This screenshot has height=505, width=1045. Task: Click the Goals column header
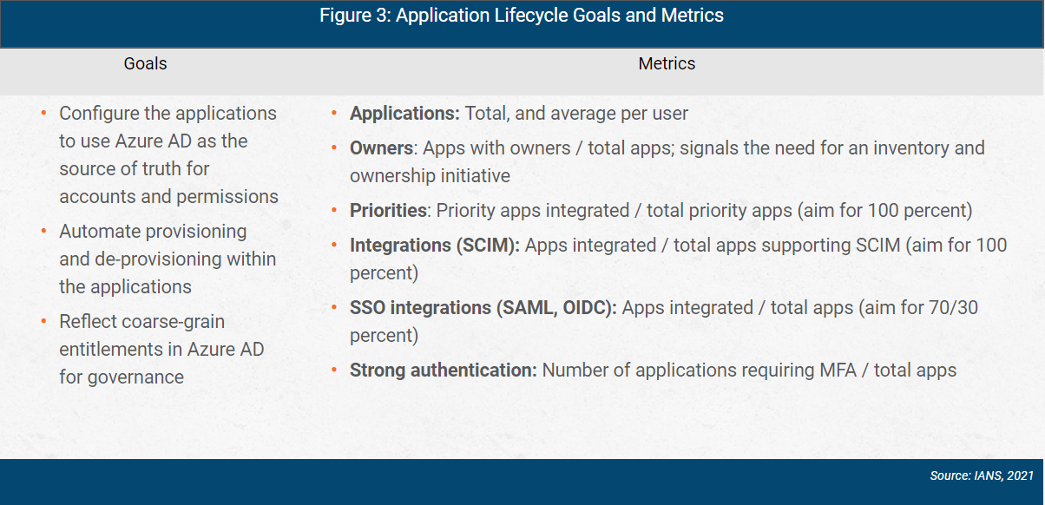[x=145, y=63]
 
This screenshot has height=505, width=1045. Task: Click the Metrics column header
[x=667, y=63]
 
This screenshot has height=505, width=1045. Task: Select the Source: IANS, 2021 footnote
[x=981, y=476]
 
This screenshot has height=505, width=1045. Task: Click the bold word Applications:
[x=404, y=114]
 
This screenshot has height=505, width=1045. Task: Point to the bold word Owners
[x=381, y=148]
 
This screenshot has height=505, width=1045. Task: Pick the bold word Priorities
[x=388, y=211]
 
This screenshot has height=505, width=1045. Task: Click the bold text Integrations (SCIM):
[x=434, y=246]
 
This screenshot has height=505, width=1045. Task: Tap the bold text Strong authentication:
[x=444, y=371]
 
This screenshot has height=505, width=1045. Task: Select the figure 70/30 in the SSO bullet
[x=956, y=308]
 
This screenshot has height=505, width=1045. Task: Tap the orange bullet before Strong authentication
[x=334, y=371]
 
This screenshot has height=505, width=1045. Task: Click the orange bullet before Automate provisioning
[x=43, y=232]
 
